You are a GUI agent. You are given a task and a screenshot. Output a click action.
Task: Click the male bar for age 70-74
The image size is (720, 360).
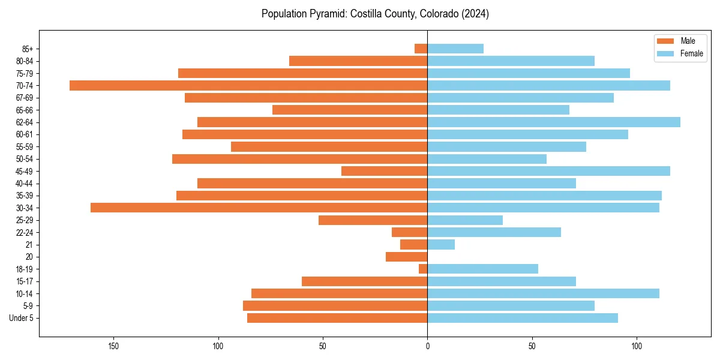[248, 85]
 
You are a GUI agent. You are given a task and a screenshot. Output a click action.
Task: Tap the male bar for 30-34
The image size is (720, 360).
[259, 208]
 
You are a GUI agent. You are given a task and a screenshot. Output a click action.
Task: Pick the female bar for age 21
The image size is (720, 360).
[441, 244]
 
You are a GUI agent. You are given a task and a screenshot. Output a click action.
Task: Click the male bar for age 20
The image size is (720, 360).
[407, 257]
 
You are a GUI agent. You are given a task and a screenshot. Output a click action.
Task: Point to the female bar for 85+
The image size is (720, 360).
[455, 49]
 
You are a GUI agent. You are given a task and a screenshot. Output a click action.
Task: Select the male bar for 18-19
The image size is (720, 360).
[423, 269]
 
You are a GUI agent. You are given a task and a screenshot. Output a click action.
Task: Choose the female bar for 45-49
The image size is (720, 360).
[548, 171]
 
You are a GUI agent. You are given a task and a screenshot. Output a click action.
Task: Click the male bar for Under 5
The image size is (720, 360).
[337, 318]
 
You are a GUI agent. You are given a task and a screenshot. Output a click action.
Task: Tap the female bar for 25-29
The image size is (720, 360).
[465, 220]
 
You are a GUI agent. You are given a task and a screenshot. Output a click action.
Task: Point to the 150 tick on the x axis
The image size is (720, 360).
[113, 346]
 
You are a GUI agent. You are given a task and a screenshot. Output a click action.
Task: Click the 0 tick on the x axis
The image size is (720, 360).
[427, 346]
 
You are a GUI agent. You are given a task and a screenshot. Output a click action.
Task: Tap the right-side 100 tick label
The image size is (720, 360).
[637, 346]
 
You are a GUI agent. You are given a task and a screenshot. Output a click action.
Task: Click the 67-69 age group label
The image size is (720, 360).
[25, 98]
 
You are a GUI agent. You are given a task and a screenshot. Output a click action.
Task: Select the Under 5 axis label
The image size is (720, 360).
[21, 318]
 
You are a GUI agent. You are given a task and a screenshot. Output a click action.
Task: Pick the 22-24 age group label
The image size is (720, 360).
[25, 232]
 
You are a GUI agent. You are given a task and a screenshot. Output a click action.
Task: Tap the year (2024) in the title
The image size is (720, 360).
[475, 14]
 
